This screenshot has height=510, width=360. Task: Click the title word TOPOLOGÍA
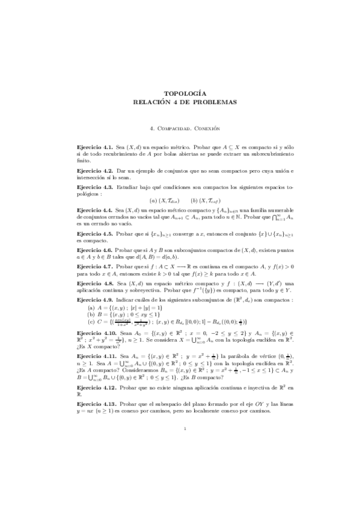pyautogui.click(x=185, y=93)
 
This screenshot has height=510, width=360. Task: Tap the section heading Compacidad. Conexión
pyautogui.click(x=185, y=128)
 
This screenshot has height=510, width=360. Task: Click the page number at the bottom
pyautogui.click(x=185, y=446)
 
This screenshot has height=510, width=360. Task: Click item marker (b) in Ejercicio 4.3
pyautogui.click(x=194, y=200)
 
